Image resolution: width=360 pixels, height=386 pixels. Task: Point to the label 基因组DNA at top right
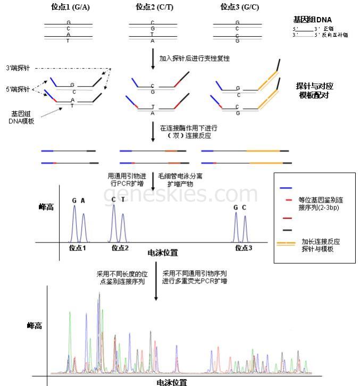312,19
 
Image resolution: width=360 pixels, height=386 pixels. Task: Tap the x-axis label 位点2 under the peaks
121,248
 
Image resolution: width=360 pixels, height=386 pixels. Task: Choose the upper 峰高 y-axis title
46,207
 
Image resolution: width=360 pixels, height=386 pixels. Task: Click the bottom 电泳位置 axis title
172,382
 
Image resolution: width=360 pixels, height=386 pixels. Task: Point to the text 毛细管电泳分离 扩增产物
181,179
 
